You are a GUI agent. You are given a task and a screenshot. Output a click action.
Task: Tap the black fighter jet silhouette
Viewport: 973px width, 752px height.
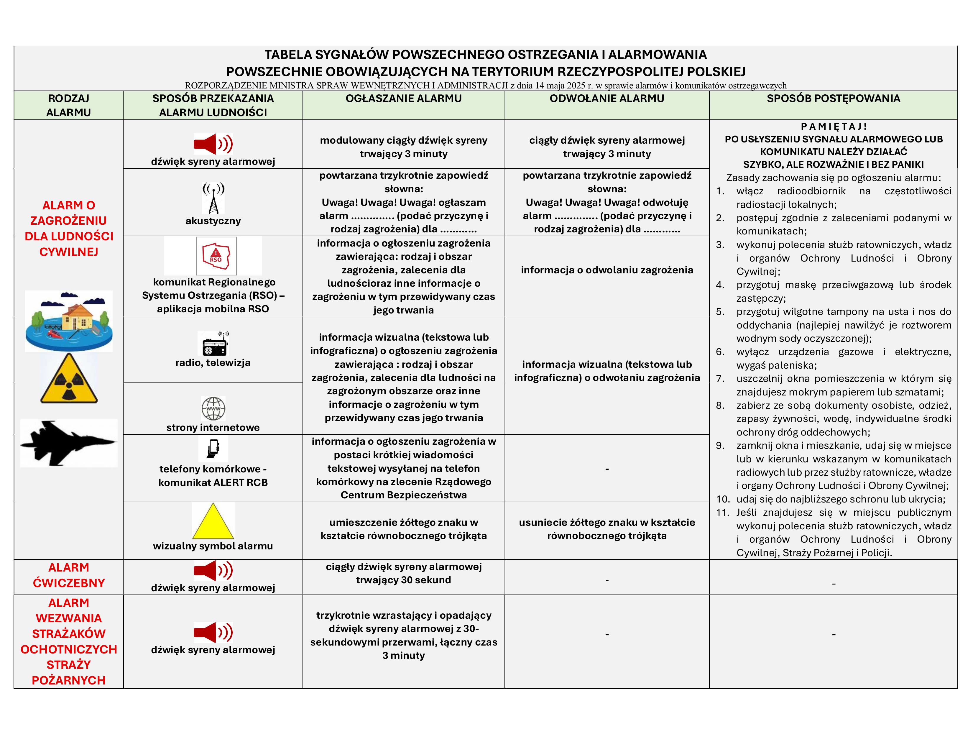[x=69, y=443]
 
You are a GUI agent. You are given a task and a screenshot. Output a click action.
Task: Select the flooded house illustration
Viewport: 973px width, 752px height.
[x=69, y=321]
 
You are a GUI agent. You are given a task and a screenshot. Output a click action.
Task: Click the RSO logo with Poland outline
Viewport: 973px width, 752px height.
[x=216, y=256]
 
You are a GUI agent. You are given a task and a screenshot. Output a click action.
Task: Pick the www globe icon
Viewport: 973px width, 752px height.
[x=213, y=408]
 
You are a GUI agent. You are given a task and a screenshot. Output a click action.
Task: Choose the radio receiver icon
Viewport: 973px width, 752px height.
[x=213, y=344]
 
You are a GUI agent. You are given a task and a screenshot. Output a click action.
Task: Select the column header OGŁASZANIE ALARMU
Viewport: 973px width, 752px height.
[x=404, y=98]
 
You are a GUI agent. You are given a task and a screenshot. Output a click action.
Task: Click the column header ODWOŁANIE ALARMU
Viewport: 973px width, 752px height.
[x=607, y=98]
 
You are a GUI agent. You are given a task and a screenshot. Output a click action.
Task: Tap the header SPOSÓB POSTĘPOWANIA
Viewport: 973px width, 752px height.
[x=833, y=98]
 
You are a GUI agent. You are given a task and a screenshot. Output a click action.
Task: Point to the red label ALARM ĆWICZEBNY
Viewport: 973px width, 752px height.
[x=69, y=575]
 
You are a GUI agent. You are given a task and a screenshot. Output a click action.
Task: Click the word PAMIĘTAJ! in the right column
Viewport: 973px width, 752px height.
[x=834, y=127]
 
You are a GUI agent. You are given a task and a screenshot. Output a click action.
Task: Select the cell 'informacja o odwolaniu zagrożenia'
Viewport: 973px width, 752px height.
[x=607, y=270]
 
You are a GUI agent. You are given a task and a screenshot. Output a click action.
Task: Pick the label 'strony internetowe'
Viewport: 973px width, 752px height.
[x=213, y=428]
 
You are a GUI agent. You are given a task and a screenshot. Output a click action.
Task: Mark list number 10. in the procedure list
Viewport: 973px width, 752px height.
[x=723, y=499]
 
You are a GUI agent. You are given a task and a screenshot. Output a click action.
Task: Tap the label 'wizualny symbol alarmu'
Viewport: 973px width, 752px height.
[x=213, y=546]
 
